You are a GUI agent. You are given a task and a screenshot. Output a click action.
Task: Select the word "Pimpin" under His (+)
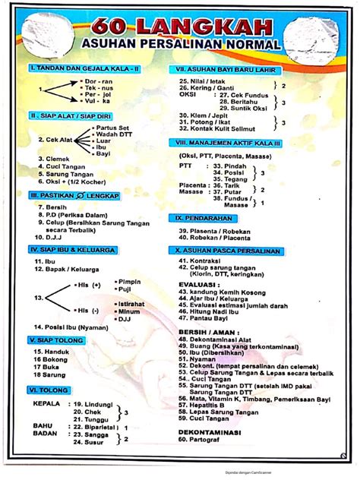(128, 282)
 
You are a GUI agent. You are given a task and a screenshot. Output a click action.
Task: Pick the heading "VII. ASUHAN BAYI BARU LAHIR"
(225, 69)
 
